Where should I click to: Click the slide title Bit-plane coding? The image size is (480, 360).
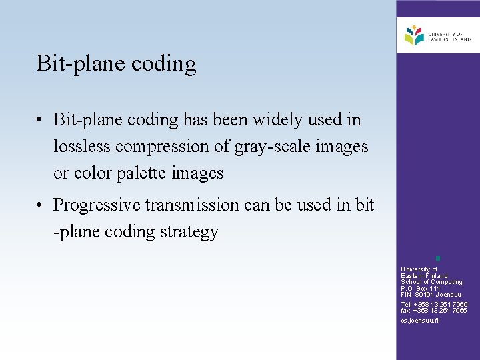117,64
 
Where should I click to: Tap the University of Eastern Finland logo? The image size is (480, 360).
437,35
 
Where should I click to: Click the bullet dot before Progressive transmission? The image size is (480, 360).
41,205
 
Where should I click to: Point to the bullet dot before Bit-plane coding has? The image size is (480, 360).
41,121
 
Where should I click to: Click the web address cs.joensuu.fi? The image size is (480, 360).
419,321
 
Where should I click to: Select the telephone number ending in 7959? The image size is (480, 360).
434,305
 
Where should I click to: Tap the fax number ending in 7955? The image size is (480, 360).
434,311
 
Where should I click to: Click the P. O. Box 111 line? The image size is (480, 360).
421,289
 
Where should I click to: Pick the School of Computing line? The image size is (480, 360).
431,282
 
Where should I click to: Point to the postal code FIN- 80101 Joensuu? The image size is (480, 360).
431,295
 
